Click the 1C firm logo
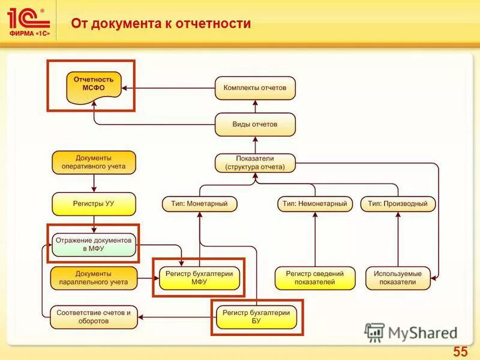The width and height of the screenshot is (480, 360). (x=29, y=22)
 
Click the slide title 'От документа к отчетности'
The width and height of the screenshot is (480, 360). (x=161, y=24)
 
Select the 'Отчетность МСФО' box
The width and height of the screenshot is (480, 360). (x=94, y=84)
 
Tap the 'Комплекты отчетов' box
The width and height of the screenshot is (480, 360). (x=255, y=88)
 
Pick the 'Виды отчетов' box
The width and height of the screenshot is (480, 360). (x=255, y=124)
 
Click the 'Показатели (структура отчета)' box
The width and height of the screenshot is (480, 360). (x=255, y=163)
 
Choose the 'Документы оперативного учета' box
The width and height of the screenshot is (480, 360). (x=94, y=162)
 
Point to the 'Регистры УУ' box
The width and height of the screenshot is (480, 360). (x=94, y=204)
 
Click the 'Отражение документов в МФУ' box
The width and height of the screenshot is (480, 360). (x=94, y=244)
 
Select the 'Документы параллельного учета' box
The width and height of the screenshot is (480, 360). (x=94, y=278)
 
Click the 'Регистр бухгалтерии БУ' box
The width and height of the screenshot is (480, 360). (x=256, y=317)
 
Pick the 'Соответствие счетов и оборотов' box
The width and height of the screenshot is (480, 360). (x=94, y=317)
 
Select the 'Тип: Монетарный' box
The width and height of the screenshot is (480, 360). (x=199, y=204)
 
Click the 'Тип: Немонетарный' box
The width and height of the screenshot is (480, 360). (x=315, y=204)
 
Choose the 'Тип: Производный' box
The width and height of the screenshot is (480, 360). (x=398, y=204)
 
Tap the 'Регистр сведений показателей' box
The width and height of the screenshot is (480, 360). (x=315, y=278)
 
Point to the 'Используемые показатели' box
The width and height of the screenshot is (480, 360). (x=398, y=278)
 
